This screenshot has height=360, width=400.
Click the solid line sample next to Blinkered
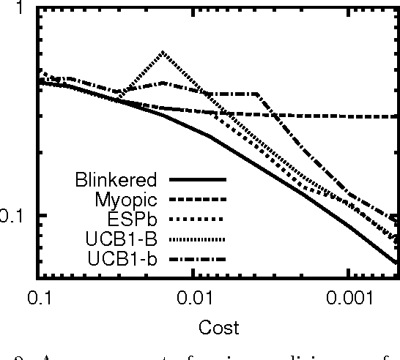pos(198,179)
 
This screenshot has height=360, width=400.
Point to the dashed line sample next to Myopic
pos(198,199)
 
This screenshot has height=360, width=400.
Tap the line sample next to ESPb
pos(198,219)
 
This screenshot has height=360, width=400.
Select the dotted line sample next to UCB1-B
pos(198,239)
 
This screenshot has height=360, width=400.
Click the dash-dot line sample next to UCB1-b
pos(198,258)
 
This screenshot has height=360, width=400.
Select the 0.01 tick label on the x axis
pos(192,296)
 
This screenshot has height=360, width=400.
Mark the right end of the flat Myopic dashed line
pos(397,116)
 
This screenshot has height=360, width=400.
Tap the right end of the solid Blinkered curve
pos(397,262)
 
